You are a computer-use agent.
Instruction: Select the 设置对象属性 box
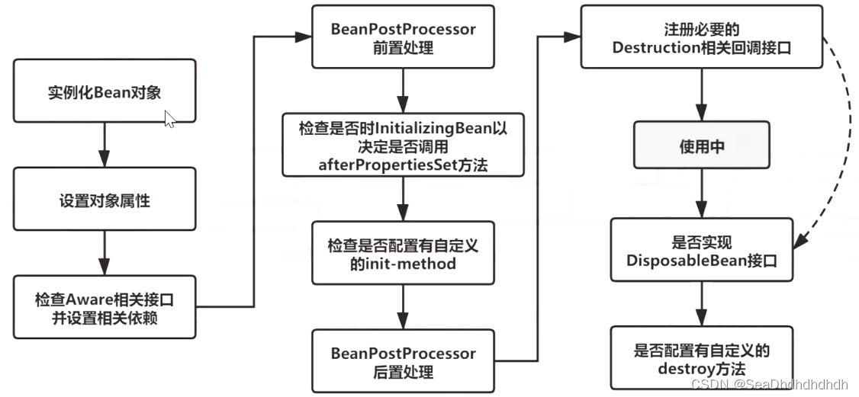point(105,201)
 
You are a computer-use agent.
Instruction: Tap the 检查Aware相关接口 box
point(105,307)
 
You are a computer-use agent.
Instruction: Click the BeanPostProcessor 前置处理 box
point(403,37)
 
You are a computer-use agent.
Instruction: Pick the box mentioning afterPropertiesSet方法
point(403,144)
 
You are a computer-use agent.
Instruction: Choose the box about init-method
point(403,254)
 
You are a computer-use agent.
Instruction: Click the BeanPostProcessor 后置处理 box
point(403,362)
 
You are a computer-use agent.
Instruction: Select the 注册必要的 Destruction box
point(701,37)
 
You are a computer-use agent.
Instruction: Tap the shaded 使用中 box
point(701,147)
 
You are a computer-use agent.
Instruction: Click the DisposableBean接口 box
point(701,251)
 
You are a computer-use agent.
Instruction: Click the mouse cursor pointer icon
point(170,119)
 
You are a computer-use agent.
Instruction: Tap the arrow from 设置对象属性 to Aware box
point(105,253)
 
